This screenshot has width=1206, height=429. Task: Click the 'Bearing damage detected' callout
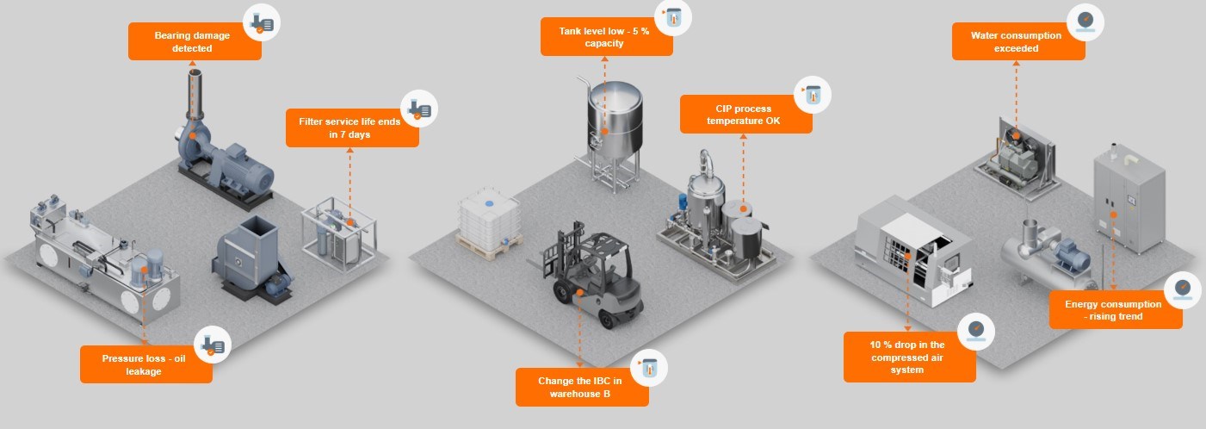(195, 41)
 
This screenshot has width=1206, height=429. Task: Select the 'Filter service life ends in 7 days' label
(352, 128)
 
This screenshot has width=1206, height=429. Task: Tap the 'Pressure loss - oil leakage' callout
(145, 364)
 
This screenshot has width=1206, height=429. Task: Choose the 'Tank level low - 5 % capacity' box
(606, 37)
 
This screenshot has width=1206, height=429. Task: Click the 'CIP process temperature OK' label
(745, 115)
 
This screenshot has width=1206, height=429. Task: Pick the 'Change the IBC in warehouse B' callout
(582, 387)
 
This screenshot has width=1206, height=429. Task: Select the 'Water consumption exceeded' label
(1018, 41)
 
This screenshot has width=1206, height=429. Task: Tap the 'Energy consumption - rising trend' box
(1116, 310)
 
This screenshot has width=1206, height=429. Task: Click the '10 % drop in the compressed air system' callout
(909, 357)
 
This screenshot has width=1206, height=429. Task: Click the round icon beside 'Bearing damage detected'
(262, 22)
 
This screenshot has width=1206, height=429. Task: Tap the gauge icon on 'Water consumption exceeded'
(1085, 22)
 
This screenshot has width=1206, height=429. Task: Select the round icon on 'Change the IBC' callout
(649, 368)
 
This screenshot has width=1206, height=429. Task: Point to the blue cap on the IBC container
(489, 203)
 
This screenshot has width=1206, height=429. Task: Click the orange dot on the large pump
(192, 136)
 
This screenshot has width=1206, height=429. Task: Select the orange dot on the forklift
(580, 292)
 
